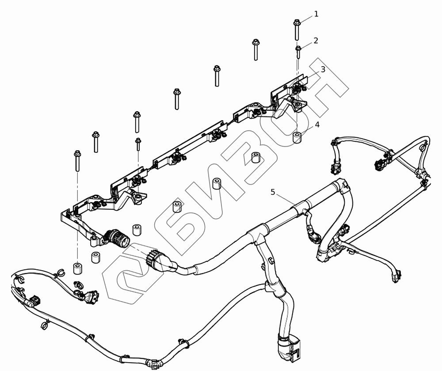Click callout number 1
316,14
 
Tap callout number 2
316,41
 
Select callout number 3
323,69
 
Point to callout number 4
317,125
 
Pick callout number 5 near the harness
273,192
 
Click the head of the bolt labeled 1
297,22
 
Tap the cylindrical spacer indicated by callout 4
297,137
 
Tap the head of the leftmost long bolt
76,154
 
